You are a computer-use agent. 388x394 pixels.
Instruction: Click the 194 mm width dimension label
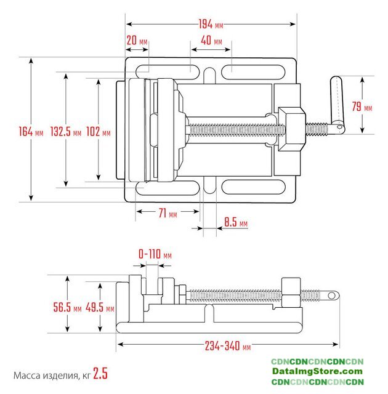click(210, 25)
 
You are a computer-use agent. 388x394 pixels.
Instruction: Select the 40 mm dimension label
click(211, 41)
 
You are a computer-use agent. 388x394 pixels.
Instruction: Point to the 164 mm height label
click(31, 131)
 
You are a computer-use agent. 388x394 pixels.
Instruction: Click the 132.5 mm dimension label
click(66, 132)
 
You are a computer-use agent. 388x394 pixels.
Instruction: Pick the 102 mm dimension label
click(99, 132)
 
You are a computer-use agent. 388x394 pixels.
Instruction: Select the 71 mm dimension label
click(168, 214)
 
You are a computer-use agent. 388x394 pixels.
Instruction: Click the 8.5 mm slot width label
click(236, 222)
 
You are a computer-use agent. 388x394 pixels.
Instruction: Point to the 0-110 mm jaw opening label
click(155, 254)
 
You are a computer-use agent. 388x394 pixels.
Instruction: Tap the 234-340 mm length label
click(228, 346)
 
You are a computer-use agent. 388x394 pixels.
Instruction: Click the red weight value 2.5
click(100, 374)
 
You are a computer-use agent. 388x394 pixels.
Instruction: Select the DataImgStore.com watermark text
click(318, 372)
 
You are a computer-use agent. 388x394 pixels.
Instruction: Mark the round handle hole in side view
click(331, 295)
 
